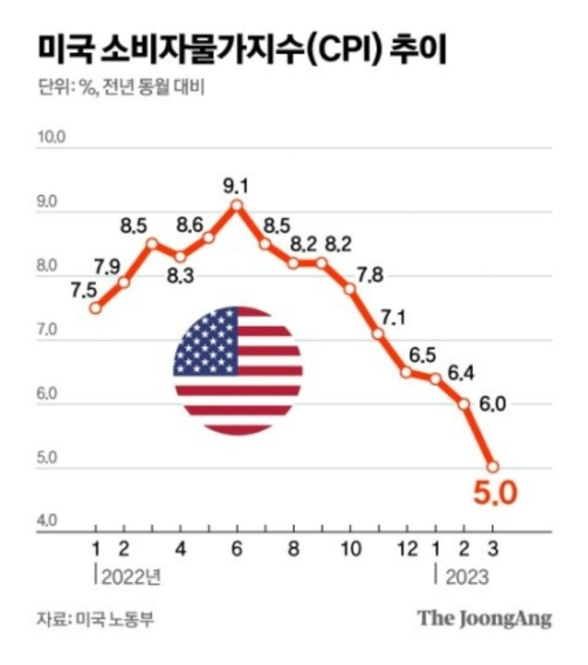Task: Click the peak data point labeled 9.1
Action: (237, 205)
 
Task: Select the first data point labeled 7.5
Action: (96, 308)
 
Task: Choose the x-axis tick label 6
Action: (237, 549)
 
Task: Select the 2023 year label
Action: (467, 577)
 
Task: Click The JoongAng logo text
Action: (484, 619)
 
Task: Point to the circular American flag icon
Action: (238, 370)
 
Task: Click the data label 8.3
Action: (179, 277)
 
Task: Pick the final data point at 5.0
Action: (493, 467)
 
